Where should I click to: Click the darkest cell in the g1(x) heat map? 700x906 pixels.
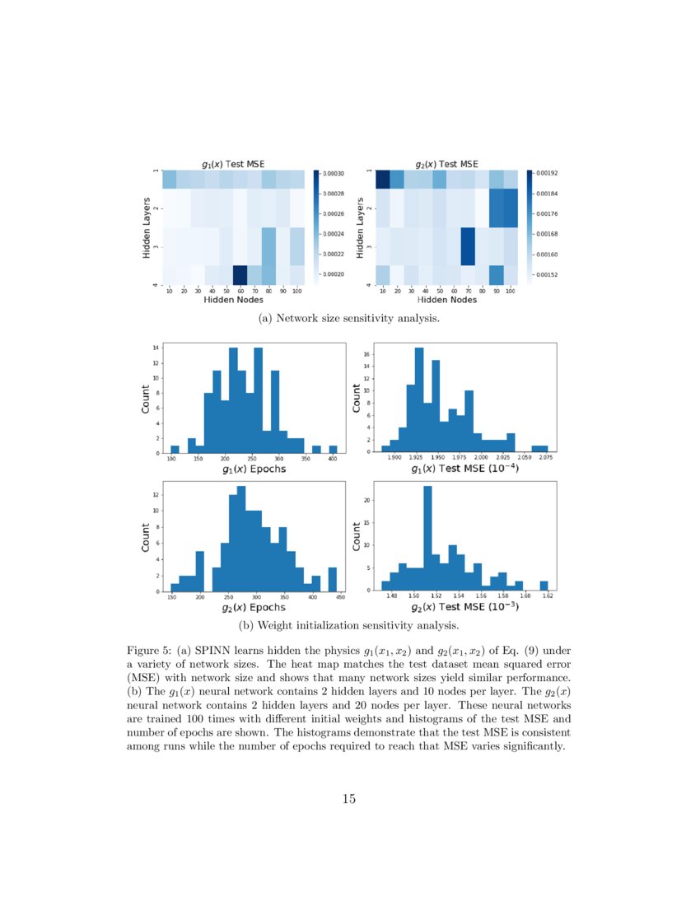click(x=240, y=274)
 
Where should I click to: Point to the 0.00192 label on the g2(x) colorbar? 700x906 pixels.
click(x=548, y=174)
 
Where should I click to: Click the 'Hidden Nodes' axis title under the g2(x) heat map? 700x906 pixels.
click(x=447, y=300)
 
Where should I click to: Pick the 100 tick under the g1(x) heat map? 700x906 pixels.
click(x=296, y=291)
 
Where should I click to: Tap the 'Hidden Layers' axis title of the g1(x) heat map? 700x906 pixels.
click(x=147, y=227)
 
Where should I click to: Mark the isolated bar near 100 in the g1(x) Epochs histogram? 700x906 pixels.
click(x=175, y=450)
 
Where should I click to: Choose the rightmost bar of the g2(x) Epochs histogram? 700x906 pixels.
click(x=332, y=579)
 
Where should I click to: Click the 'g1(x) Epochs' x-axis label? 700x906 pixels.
click(x=254, y=469)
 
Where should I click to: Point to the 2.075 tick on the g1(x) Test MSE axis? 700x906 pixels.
click(x=544, y=457)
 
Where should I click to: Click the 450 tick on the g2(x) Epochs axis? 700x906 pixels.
click(x=341, y=596)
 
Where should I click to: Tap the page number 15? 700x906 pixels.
click(x=349, y=798)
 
